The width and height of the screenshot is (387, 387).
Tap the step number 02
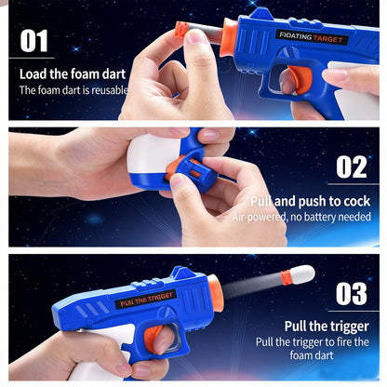click(x=351, y=167)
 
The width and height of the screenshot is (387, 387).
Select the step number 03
click(x=351, y=293)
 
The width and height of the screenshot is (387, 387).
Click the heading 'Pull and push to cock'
click(x=310, y=200)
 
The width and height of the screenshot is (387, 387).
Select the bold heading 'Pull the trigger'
click(x=326, y=327)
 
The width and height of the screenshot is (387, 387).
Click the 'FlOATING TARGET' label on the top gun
click(x=313, y=37)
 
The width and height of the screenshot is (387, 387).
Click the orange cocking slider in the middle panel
click(x=182, y=172)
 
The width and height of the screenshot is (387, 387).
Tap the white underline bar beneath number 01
click(x=33, y=60)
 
